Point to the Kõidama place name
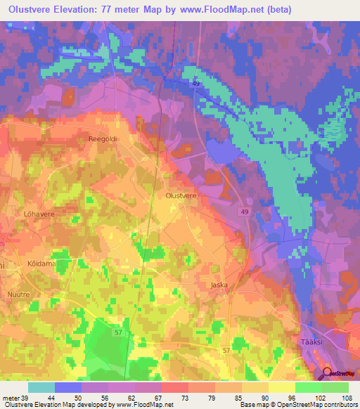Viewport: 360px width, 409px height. [41, 263]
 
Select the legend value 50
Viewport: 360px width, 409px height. [68, 397]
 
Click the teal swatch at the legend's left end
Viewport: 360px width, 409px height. [41, 387]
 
